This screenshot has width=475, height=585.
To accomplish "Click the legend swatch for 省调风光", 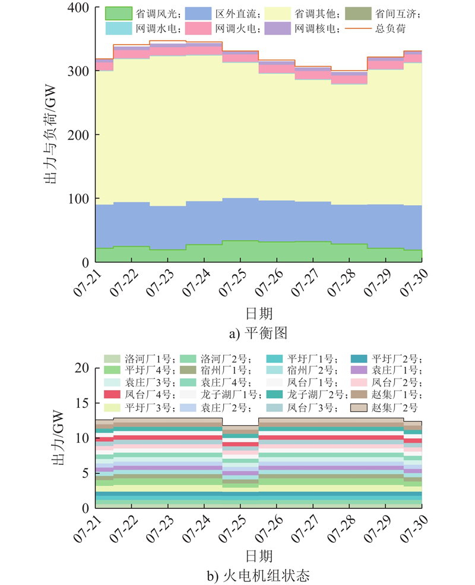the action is (119, 14).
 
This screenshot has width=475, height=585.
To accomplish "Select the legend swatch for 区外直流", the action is (198, 14).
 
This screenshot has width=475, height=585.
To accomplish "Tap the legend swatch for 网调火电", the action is (198, 29).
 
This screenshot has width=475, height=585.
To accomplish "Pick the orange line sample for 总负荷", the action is (358, 29).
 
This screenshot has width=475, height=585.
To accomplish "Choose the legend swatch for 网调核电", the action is (277, 29).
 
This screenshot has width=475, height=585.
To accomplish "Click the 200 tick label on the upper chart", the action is (78, 135).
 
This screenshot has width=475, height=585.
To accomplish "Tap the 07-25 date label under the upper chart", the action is (233, 282).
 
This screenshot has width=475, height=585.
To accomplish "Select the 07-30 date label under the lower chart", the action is (414, 529).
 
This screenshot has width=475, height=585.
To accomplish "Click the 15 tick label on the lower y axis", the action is (82, 403).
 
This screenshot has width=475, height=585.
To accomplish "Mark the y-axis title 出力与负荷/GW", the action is (50, 134).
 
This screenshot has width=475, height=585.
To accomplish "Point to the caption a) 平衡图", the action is (258, 333).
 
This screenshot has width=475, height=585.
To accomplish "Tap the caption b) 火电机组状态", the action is (258, 575).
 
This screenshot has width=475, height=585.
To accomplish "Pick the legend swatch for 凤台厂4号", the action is (112, 394).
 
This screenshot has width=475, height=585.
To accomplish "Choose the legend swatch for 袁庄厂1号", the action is (359, 370).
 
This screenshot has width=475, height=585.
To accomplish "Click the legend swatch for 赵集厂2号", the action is (359, 408).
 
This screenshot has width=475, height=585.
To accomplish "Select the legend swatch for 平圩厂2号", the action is (359, 359).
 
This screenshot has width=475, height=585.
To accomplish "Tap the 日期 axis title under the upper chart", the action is (259, 313).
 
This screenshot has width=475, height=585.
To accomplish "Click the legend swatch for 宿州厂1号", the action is (188, 370).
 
